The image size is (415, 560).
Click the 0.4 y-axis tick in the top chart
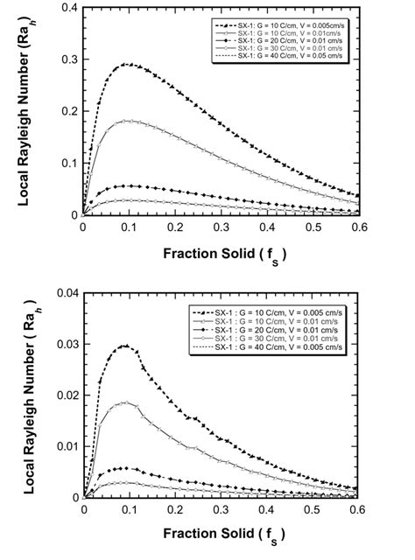(x=71, y=9)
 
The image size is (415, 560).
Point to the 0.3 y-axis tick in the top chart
(x=71, y=60)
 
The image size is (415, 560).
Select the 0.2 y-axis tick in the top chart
(x=71, y=112)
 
